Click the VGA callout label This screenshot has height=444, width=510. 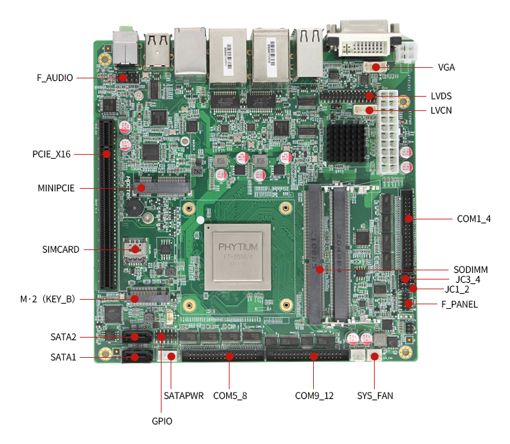tap(447, 67)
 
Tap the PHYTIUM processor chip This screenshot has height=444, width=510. tap(238, 257)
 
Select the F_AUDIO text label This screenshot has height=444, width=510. tap(55, 78)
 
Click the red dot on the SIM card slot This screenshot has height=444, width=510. tap(135, 249)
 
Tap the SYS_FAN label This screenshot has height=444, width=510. tap(375, 396)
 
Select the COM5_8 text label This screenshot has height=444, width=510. tap(230, 396)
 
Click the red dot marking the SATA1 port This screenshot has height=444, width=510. tap(135, 357)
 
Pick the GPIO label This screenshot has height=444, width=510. tap(162, 421)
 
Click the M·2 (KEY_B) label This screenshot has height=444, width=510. tap(47, 299)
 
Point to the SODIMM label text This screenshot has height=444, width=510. tap(471, 269)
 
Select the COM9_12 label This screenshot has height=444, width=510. tap(314, 396)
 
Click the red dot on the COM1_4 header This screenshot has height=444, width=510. tap(408, 219)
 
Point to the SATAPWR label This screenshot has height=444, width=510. tap(183, 396)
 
